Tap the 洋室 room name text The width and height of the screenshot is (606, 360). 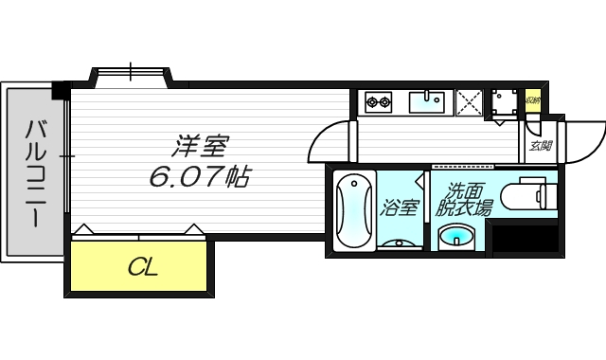point(201,147)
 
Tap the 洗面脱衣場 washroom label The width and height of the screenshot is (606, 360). point(464,199)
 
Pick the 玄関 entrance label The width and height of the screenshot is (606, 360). point(540,146)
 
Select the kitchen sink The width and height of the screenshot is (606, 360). point(430,100)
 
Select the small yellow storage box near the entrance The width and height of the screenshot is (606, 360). point(532,98)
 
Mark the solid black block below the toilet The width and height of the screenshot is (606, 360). point(525,239)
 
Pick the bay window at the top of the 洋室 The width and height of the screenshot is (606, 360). point(131,73)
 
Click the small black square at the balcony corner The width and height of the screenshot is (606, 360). point(60,91)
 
